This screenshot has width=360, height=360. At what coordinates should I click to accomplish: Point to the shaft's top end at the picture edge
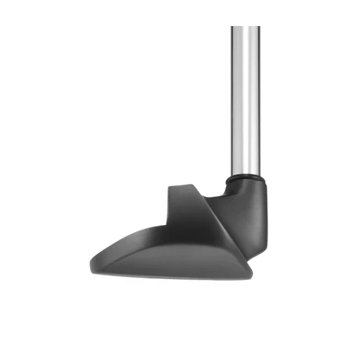tap(244, 2)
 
